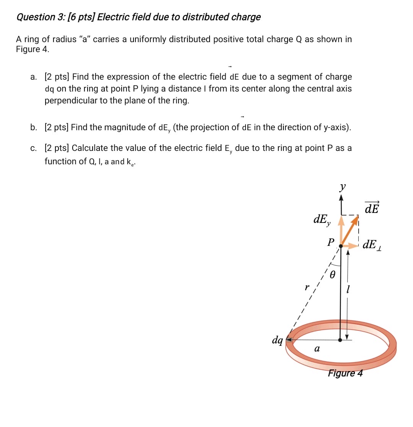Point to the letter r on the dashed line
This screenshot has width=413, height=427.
(306, 287)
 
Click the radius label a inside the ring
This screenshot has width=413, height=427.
(316, 348)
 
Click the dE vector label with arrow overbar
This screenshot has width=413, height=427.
(372, 208)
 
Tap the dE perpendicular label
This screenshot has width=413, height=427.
(373, 244)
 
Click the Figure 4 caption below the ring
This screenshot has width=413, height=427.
(345, 373)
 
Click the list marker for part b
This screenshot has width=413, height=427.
(33, 127)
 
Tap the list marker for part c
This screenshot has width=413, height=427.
(33, 148)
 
